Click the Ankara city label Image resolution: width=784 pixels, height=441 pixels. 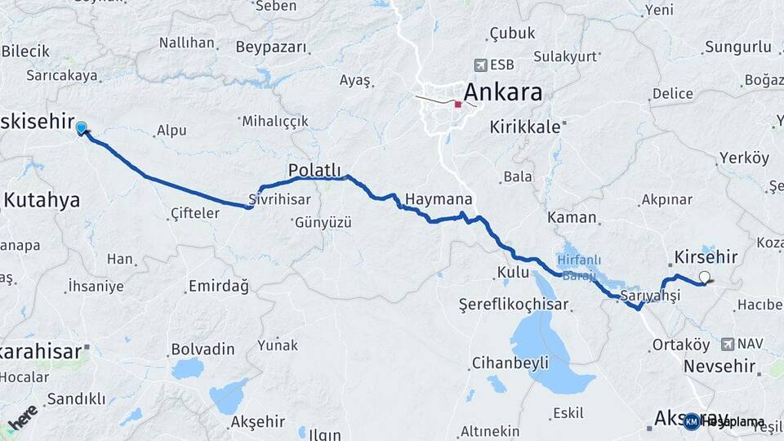502,92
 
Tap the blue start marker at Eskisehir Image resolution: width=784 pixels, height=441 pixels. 81,128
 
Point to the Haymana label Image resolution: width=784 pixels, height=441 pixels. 439,199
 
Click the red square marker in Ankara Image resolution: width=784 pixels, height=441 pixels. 458,105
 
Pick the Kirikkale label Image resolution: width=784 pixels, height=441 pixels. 525,127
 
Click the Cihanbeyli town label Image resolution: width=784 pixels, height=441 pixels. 510,363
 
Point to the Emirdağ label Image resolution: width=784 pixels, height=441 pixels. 218,285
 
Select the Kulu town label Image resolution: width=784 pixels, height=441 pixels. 513,272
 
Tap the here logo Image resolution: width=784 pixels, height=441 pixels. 23,416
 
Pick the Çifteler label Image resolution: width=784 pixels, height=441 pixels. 195,213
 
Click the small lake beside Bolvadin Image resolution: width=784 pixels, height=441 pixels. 188,369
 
